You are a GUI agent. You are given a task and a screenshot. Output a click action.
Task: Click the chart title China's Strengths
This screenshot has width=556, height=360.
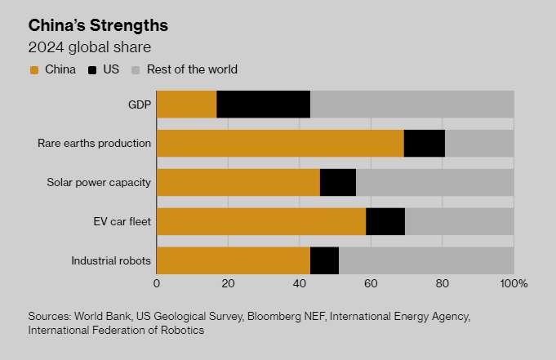pyautogui.click(x=98, y=24)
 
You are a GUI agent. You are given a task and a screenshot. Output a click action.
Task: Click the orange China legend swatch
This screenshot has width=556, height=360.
pyautogui.click(x=34, y=70)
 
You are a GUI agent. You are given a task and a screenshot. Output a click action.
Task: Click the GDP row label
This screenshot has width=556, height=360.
pyautogui.click(x=140, y=104)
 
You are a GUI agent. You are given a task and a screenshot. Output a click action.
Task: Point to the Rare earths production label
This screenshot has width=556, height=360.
pyautogui.click(x=94, y=143)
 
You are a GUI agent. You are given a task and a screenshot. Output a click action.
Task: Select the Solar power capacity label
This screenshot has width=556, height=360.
pyautogui.click(x=98, y=182)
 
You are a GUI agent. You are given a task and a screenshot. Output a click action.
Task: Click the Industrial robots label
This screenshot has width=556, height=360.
pyautogui.click(x=111, y=260)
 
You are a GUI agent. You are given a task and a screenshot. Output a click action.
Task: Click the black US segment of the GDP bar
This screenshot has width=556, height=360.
pyautogui.click(x=264, y=104)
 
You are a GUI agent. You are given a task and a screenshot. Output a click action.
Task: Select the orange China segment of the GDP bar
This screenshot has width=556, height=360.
pyautogui.click(x=186, y=104)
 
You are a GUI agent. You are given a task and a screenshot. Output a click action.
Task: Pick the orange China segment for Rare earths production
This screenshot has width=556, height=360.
pyautogui.click(x=279, y=143)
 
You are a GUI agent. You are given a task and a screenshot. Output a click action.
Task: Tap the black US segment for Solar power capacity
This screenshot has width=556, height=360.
pyautogui.click(x=338, y=182)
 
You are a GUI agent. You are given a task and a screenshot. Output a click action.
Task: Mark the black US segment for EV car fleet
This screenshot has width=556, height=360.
pyautogui.click(x=385, y=221)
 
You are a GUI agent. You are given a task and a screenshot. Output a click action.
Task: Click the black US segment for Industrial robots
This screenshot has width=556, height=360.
pyautogui.click(x=324, y=260)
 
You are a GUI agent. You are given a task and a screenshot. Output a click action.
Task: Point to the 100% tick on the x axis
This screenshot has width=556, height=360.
pyautogui.click(x=513, y=283)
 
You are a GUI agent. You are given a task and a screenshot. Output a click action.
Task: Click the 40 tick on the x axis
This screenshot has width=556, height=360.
pyautogui.click(x=299, y=283)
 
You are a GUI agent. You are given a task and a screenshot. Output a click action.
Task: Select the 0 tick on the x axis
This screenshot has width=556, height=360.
pyautogui.click(x=157, y=283)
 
